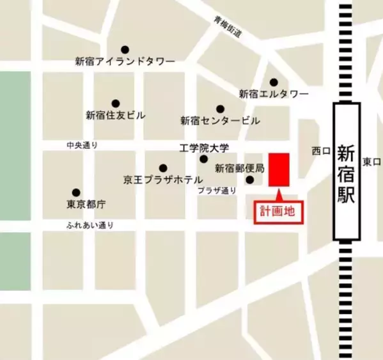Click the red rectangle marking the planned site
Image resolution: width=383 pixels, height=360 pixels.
tap(279, 169)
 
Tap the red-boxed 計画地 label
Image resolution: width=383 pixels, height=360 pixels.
tap(277, 212)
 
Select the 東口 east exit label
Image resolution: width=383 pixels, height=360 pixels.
tap(371, 162)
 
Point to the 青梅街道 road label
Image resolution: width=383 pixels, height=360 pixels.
tap(228, 29)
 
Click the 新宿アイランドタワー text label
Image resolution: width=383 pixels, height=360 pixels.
tap(125, 61)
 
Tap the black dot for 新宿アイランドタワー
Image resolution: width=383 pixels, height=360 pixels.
tap(125, 49)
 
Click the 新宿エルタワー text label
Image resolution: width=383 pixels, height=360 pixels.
tap(274, 94)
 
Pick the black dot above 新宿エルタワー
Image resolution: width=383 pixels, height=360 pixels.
tap(274, 82)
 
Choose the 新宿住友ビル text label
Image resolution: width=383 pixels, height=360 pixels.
tap(116, 116)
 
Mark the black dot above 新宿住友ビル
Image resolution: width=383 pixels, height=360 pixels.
tap(116, 103)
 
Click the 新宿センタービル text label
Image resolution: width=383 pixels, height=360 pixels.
tap(220, 120)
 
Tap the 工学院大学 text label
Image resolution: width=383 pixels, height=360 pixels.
tap(203, 148)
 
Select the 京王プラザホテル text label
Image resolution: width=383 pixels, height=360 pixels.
tap(162, 180)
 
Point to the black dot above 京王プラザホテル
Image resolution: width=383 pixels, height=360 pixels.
tap(163, 168)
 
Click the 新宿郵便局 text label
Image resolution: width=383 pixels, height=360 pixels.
tap(239, 169)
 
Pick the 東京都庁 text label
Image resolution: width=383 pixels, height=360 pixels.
tap(86, 205)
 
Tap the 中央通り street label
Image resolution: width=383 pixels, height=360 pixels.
tap(82, 146)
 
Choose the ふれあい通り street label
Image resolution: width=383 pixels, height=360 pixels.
tap(90, 225)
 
